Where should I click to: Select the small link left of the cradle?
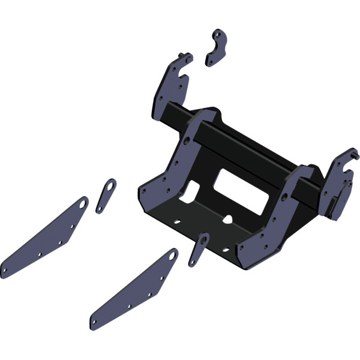coord(105,195)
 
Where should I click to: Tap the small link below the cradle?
coord(198,249)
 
